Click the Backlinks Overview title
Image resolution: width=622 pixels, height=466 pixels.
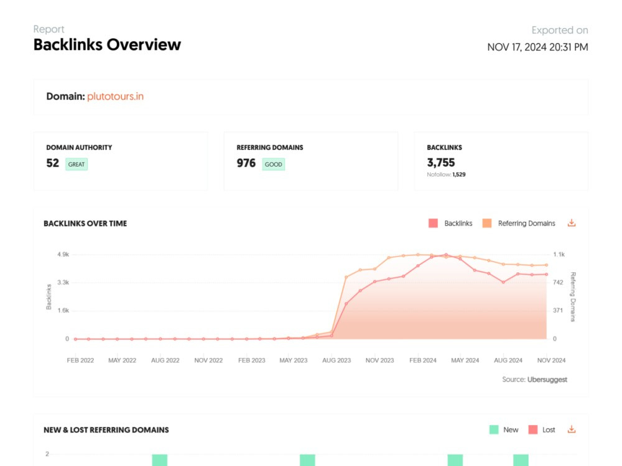coord(107,45)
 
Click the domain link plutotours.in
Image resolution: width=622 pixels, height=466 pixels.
coord(116,96)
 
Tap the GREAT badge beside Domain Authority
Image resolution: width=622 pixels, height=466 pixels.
coord(76,164)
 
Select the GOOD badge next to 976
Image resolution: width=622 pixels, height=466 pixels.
coord(273,164)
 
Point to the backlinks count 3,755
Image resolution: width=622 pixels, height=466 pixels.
coord(441,162)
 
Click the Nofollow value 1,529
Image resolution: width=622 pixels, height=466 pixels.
coord(459,175)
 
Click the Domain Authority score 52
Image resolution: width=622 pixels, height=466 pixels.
coord(52,163)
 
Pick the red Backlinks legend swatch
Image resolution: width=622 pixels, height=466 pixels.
coord(433,223)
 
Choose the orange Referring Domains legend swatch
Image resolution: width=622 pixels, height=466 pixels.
coord(487,223)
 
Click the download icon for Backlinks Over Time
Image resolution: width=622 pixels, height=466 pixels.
coord(571,222)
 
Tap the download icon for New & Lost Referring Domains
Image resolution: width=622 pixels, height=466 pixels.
coord(571,429)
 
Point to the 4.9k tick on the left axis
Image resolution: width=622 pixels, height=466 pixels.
coord(63,254)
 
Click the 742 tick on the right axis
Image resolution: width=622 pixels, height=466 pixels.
coord(558,283)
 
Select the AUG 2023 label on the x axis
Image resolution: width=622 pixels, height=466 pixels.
coord(337,360)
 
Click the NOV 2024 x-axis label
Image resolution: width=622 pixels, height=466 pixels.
coord(551,360)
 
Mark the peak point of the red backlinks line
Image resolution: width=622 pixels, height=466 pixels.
coord(446,255)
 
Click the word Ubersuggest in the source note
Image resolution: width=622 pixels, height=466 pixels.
coord(547,380)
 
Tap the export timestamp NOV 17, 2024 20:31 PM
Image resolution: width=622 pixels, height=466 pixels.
coord(537,47)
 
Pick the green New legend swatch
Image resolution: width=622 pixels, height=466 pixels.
coord(494,429)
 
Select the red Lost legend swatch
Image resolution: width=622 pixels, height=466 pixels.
coord(533,429)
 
